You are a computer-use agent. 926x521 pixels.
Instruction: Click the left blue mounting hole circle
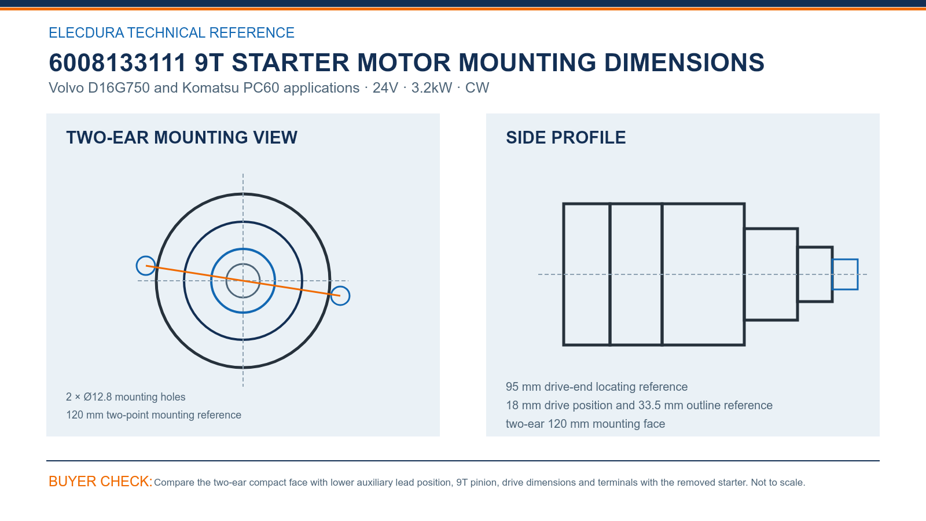point(137,266)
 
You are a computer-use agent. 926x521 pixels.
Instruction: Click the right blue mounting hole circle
point(350,296)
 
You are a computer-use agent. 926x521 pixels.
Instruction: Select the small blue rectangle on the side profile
point(844,260)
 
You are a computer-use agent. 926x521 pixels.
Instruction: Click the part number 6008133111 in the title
point(117,63)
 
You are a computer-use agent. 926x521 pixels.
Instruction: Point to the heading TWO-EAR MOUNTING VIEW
point(182,138)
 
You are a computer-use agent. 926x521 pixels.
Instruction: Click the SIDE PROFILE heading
point(565,138)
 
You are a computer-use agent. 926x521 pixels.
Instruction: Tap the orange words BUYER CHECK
point(101,481)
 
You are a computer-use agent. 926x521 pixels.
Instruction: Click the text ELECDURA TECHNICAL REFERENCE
point(171,32)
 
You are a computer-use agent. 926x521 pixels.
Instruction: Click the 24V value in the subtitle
point(385,87)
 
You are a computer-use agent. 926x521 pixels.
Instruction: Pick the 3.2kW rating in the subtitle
point(432,87)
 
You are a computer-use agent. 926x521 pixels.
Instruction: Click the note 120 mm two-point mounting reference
point(153,414)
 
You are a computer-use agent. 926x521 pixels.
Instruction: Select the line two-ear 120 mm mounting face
point(585,424)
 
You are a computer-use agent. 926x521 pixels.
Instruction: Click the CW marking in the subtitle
point(477,87)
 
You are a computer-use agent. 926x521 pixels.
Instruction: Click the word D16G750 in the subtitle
point(119,87)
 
